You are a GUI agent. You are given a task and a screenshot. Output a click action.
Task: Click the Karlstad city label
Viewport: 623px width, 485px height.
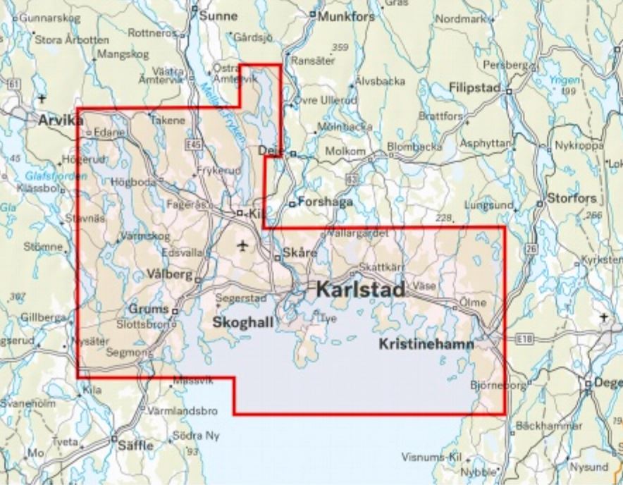pos(360,290)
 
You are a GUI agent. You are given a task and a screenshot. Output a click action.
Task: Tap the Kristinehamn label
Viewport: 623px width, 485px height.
pos(426,345)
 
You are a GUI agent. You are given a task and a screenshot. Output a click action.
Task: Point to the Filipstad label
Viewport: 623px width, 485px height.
pos(474,88)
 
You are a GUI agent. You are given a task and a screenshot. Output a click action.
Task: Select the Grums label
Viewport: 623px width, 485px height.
pos(149,309)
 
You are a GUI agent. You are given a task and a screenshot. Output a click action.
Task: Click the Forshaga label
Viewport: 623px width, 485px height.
pos(325,201)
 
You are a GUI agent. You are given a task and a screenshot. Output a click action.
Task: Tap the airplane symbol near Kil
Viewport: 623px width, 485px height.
pos(243,246)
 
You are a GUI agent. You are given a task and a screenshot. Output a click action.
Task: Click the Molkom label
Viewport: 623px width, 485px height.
pos(345,152)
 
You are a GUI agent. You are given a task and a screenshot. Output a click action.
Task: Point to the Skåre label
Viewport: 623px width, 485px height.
pos(295,252)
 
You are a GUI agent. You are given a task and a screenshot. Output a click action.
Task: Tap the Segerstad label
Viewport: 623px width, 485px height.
pos(242,298)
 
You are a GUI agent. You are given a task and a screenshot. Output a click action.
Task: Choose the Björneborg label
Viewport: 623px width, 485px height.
pos(498,386)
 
